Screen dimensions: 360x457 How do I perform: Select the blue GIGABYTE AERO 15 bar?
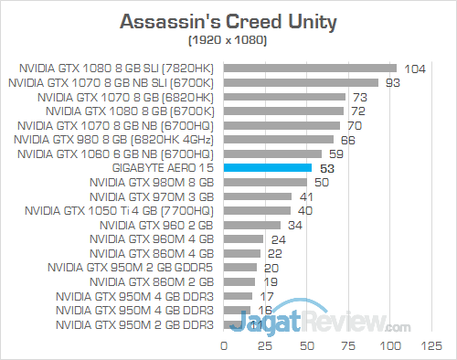[267, 168]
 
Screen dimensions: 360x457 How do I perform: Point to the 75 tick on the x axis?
[348, 347]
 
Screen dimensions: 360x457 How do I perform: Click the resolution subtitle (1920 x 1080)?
[228, 41]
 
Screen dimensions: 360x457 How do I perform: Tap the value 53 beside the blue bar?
[325, 168]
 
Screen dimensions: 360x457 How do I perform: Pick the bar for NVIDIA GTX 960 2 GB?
[251, 225]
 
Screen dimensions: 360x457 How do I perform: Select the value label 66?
[347, 139]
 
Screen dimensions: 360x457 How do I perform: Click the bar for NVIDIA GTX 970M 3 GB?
[258, 196]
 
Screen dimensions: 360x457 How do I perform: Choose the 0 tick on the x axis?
[223, 347]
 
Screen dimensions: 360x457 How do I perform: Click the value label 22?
[274, 253]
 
